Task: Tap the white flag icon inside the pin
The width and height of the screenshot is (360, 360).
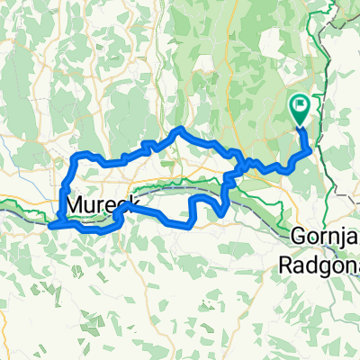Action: [x=300, y=107]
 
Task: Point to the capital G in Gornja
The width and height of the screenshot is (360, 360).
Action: [x=299, y=238]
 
